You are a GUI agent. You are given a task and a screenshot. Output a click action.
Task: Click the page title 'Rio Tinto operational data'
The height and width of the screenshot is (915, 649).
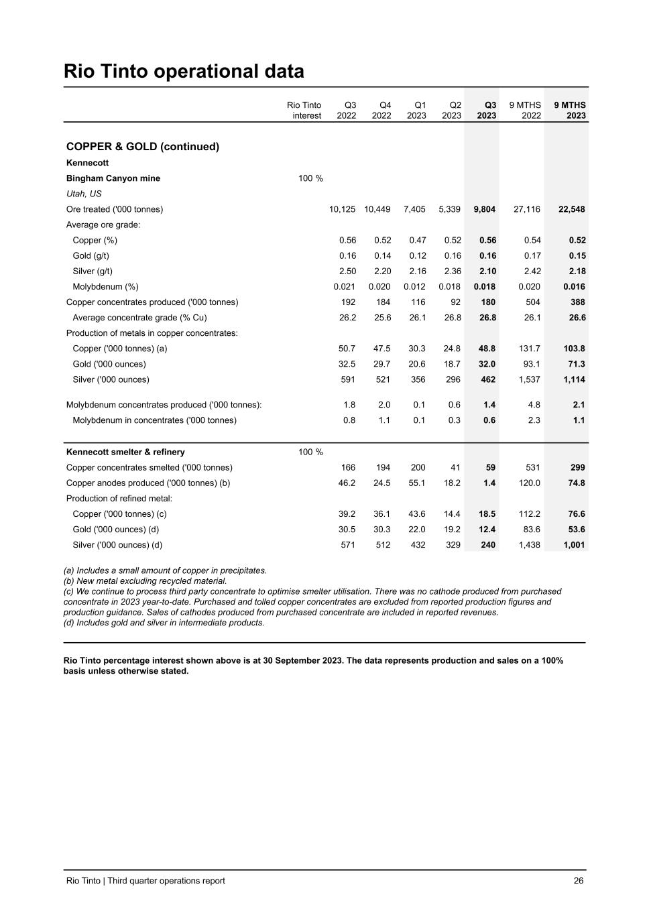coord(184,71)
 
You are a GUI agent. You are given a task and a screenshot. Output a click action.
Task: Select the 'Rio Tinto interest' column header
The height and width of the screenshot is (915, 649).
coord(304,111)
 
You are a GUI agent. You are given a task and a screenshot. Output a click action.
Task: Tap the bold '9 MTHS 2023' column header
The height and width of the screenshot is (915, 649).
coord(570,111)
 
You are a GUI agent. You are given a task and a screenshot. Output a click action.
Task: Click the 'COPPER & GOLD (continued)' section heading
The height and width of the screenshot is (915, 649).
coord(143,146)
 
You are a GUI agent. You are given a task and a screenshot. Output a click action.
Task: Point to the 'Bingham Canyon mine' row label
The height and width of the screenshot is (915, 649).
coord(113,178)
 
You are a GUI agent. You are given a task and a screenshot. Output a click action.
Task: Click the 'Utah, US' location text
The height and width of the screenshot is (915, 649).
coord(84,194)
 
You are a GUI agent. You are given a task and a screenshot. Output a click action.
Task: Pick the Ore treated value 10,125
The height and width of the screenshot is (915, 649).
coord(342,209)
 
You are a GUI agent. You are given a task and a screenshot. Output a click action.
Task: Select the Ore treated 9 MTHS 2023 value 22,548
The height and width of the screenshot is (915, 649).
coord(571,209)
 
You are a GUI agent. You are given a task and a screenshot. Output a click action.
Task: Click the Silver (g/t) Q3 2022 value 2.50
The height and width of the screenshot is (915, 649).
coord(347,271)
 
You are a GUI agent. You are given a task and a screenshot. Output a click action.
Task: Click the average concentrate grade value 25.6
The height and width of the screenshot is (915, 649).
coord(382,318)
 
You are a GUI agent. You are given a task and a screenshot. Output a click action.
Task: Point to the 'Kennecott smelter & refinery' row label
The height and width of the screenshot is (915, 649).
coord(125,452)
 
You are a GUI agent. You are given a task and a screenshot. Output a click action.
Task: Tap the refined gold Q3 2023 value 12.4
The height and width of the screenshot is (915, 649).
coord(488,530)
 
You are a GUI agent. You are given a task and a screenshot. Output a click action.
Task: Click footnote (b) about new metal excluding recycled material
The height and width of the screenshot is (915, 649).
coord(145,581)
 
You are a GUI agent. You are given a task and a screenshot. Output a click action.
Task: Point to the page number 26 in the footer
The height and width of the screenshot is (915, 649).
coord(579,881)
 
